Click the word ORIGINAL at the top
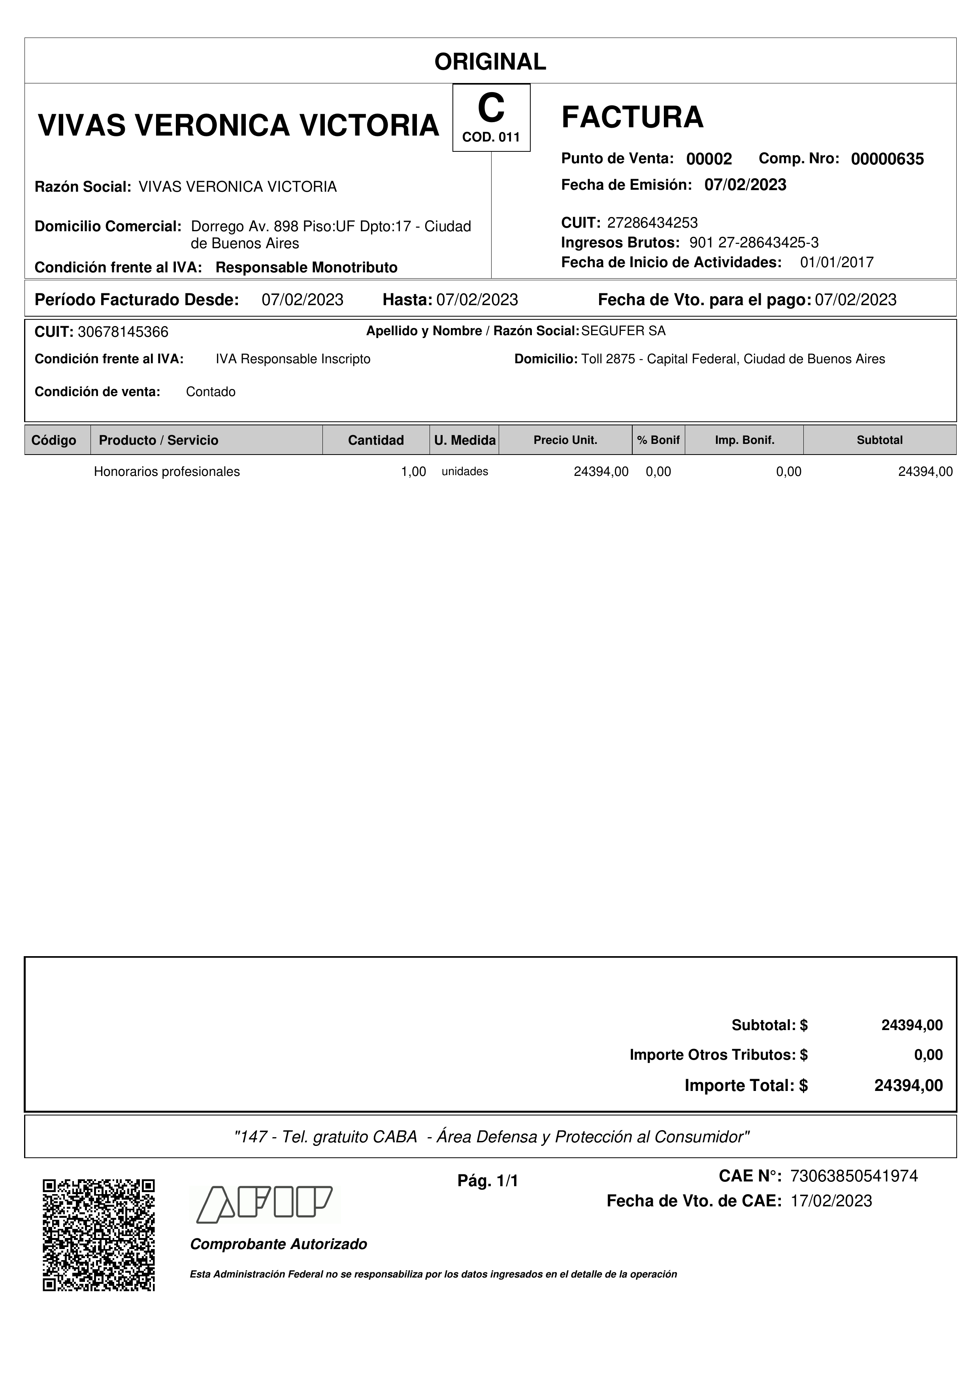click(490, 62)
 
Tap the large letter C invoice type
click(490, 109)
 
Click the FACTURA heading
click(632, 117)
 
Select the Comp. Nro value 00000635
click(887, 159)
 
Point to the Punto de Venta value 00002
click(709, 159)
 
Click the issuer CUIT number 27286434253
click(652, 223)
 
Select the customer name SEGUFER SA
click(623, 331)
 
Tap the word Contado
click(211, 392)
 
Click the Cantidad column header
click(375, 440)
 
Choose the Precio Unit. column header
click(565, 440)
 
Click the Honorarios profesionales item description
click(167, 472)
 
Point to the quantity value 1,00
click(414, 472)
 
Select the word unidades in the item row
click(465, 472)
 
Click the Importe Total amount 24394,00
click(908, 1085)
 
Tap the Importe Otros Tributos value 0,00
click(928, 1055)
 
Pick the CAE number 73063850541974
click(854, 1176)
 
